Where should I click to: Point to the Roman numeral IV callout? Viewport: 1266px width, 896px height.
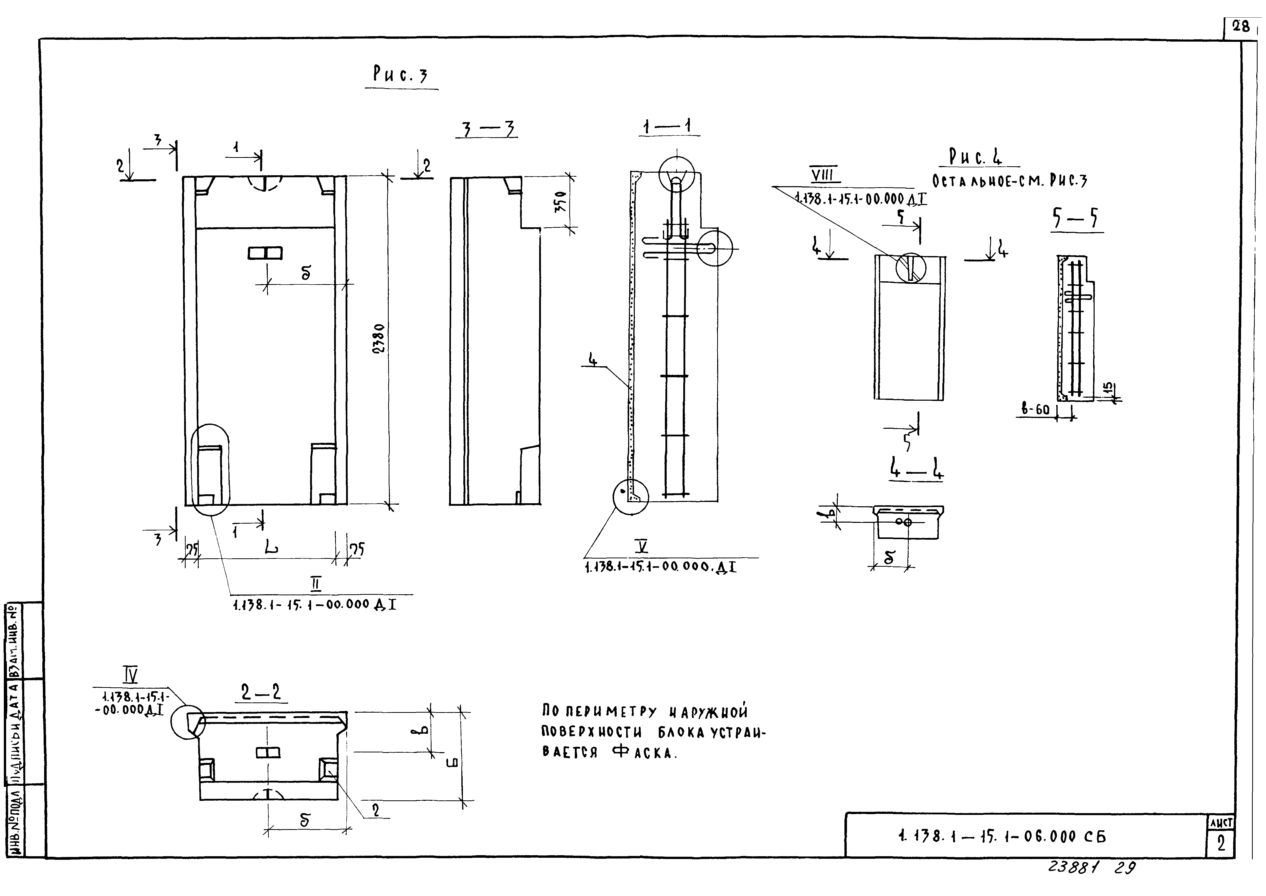click(x=130, y=674)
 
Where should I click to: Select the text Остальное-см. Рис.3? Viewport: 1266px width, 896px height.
click(x=1009, y=181)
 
